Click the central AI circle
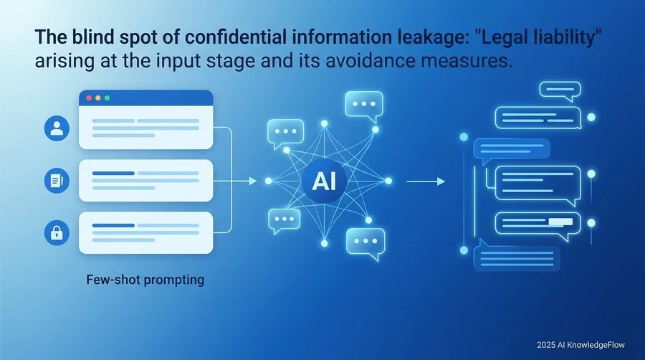(x=324, y=181)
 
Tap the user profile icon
(x=57, y=128)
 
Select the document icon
(x=57, y=181)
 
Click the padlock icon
(x=57, y=233)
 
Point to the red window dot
(x=89, y=98)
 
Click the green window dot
(x=107, y=98)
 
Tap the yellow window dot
(x=98, y=98)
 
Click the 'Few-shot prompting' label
(x=145, y=280)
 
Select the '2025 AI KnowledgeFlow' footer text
(x=580, y=345)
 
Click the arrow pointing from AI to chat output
(x=425, y=181)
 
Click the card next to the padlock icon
(x=146, y=232)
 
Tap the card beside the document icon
(x=146, y=181)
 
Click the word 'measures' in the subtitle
(x=467, y=61)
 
